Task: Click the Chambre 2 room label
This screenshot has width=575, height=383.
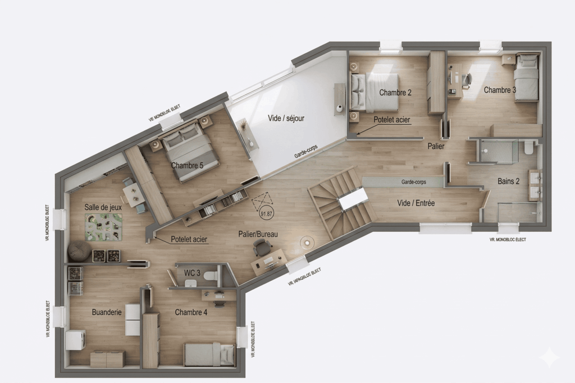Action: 395,93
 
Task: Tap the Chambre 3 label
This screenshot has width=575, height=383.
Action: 500,90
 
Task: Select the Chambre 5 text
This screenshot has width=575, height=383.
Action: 187,165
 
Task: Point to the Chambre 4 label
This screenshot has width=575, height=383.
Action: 191,312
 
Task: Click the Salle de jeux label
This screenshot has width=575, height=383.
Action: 103,207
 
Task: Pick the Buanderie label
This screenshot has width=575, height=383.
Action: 107,312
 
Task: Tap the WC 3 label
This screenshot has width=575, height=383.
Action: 193,273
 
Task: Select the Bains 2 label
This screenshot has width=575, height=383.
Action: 508,181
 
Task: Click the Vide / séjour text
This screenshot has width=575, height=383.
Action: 285,118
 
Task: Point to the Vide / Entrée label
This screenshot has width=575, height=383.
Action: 416,203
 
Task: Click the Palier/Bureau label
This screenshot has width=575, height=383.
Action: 258,234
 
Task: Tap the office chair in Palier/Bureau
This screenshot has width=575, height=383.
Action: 261,247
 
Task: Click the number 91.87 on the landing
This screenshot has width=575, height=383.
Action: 266,213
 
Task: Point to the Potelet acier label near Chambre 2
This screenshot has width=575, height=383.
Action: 392,120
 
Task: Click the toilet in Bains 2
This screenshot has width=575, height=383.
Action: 528,148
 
